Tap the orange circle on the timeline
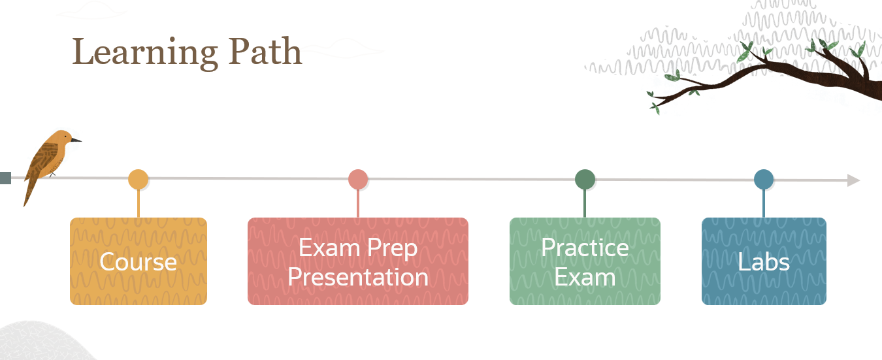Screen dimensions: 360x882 coord(139,179)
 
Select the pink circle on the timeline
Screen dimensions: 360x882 coord(358,179)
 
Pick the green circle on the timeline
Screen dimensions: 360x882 coord(585,179)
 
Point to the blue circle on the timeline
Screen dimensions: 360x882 coord(764,179)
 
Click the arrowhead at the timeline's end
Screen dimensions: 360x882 coord(853,180)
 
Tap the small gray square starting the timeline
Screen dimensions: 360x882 coord(5,178)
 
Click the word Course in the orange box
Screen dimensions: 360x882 coord(138,262)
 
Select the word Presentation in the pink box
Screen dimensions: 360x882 coord(358,277)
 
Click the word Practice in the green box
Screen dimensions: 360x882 coord(585,248)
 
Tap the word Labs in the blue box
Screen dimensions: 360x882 coord(764,262)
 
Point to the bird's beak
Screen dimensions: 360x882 coord(76,139)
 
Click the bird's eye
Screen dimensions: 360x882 coord(67,137)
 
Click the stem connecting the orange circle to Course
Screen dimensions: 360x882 coord(139,204)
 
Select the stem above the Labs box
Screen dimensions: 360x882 coord(764,204)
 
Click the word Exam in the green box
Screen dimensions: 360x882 coord(585,277)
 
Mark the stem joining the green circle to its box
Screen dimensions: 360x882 coord(585,204)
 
